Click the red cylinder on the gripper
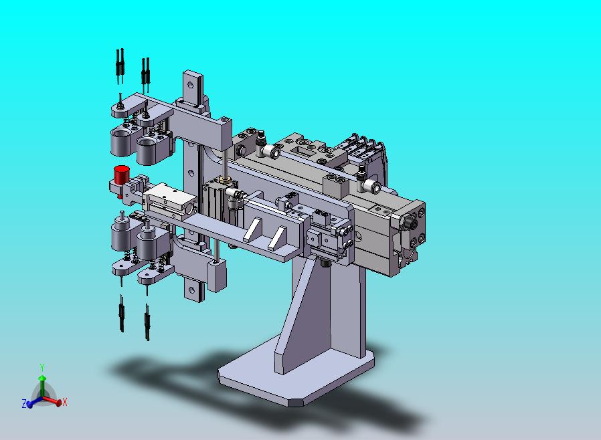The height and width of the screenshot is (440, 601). coord(122,175)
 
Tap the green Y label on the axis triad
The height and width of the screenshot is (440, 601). coord(42,368)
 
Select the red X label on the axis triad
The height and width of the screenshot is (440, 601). coord(65,402)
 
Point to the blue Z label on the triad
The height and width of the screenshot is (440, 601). coord(24,404)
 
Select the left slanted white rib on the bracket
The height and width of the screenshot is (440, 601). coord(253,229)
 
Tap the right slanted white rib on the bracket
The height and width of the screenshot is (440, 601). coord(277,238)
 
